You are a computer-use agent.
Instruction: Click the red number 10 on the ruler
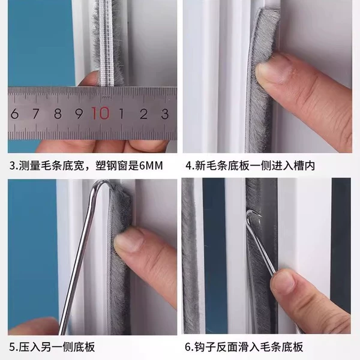pos(101,113)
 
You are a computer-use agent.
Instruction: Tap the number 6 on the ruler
pos(14,113)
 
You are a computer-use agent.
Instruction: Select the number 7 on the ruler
pos(35,113)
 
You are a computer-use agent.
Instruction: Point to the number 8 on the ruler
pos(58,113)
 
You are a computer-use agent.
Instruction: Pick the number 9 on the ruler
pos(79,113)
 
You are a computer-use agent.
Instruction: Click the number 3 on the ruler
pos(164,114)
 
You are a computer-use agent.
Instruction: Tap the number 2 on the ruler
pos(144,114)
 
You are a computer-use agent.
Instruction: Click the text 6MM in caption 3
pos(151,166)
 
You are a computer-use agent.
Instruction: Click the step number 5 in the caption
pos(13,347)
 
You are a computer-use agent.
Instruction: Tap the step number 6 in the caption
pos(188,347)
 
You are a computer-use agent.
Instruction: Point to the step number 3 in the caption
pos(13,166)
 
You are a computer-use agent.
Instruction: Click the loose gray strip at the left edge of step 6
pos(189,255)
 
